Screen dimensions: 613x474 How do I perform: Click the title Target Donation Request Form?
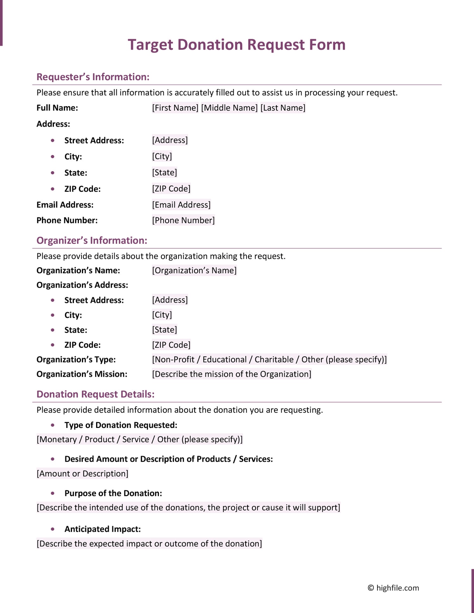(x=236, y=45)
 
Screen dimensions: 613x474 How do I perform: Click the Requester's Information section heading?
(x=93, y=77)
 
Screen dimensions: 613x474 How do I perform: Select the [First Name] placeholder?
(x=175, y=108)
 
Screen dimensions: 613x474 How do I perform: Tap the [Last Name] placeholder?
(x=283, y=108)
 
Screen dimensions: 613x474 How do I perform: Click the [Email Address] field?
(x=181, y=205)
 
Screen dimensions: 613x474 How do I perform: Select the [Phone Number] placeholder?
(x=183, y=220)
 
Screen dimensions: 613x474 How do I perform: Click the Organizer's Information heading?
(x=92, y=240)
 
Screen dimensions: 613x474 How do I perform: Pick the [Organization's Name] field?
(x=194, y=270)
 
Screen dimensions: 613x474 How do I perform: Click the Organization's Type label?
(x=76, y=359)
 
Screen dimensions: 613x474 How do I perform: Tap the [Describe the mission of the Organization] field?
(x=232, y=374)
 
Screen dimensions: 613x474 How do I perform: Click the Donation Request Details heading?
(x=95, y=394)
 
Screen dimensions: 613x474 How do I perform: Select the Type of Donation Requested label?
(x=121, y=425)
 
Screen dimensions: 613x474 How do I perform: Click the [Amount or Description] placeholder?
(x=82, y=473)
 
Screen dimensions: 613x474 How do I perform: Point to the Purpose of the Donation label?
(x=113, y=493)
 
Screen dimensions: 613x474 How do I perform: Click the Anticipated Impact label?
(x=102, y=529)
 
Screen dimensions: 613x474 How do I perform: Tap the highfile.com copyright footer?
(x=393, y=588)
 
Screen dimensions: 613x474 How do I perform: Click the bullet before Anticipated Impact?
(x=52, y=529)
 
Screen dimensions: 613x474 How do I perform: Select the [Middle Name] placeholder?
(x=229, y=108)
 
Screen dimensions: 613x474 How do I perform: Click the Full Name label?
(x=57, y=108)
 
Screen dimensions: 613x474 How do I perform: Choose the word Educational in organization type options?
(x=224, y=359)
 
